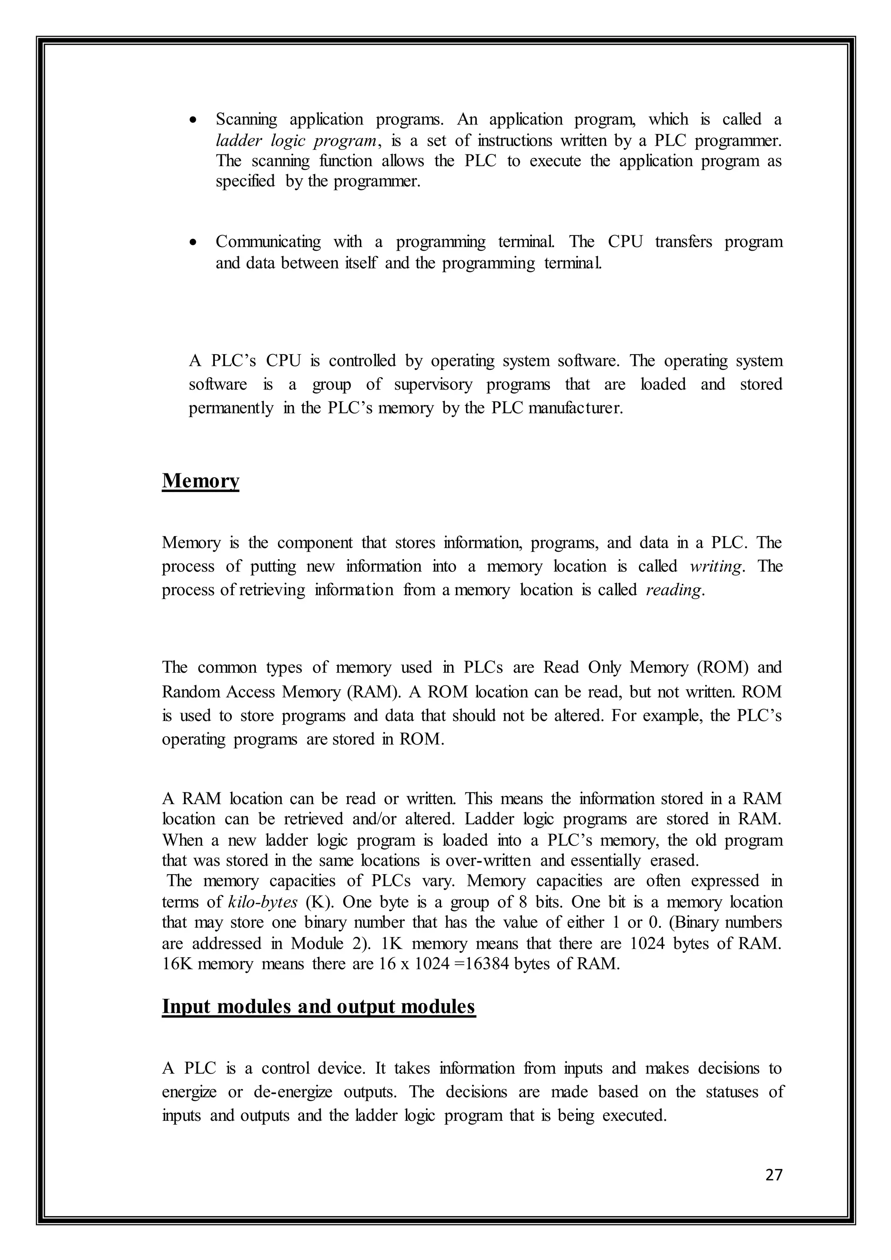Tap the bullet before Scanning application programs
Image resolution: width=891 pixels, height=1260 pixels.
(x=192, y=120)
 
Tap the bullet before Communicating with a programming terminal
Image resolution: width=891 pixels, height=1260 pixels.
(x=192, y=242)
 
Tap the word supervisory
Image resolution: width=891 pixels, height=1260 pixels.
(x=433, y=385)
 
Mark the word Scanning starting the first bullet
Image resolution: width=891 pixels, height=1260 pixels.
(x=246, y=120)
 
